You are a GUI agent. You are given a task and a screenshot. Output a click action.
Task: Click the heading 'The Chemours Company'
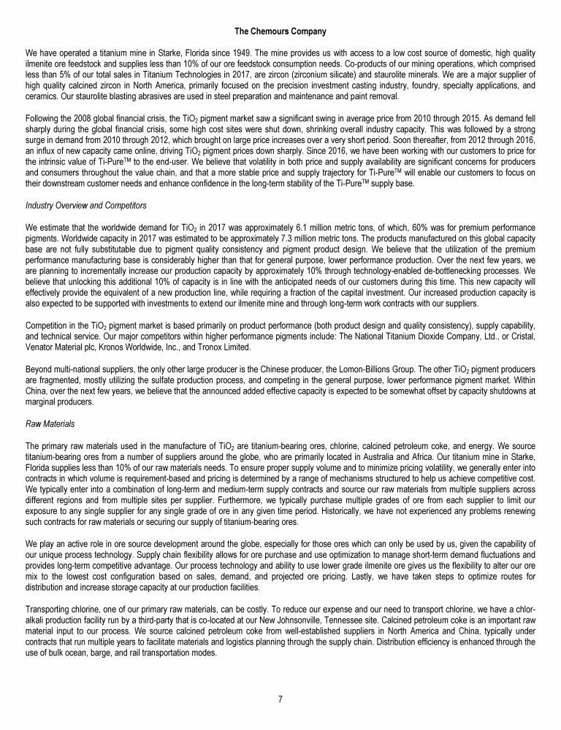tap(280, 32)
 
